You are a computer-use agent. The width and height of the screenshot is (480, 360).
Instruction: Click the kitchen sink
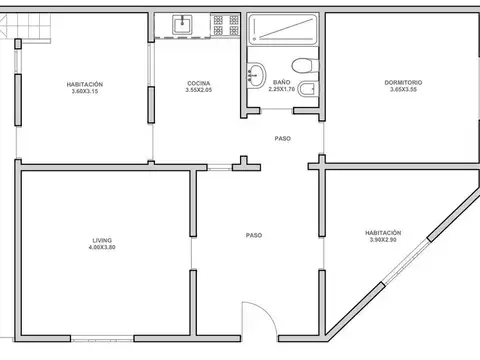(x=183, y=24)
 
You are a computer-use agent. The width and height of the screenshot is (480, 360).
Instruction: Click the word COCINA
(x=197, y=83)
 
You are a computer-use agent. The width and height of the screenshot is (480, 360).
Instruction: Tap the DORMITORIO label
(x=404, y=83)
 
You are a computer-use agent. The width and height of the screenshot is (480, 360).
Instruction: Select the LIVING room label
(x=101, y=240)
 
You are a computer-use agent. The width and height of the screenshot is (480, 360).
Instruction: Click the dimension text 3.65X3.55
(x=404, y=90)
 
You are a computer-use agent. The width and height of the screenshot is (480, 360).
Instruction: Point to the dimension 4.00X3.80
(x=101, y=247)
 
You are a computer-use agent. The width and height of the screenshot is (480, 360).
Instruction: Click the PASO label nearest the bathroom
(x=283, y=138)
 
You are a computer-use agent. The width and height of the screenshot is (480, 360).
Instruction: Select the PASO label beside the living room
(x=254, y=235)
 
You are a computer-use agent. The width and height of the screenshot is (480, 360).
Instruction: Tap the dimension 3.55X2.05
(x=197, y=91)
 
